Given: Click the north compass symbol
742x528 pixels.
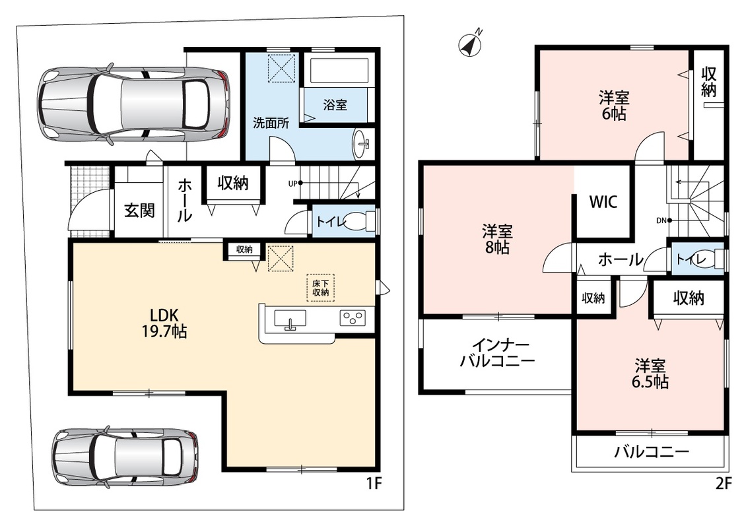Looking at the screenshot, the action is (x=471, y=44).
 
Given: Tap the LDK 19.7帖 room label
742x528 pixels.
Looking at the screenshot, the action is (x=164, y=323).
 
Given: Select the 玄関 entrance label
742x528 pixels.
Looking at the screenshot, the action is (x=139, y=210).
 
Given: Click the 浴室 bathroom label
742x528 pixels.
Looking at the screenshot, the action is (x=335, y=105).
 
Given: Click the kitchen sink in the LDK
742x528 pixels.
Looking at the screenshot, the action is (x=290, y=318).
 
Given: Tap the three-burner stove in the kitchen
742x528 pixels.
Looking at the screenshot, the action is (x=352, y=317).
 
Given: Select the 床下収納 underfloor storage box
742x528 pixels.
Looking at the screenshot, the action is (x=320, y=288).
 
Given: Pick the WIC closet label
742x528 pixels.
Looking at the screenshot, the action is (x=603, y=201).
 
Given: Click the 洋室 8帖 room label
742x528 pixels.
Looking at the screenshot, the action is (x=497, y=240).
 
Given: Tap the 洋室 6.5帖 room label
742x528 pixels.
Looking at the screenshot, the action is (x=650, y=374).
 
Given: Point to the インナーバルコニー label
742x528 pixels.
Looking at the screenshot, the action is (x=497, y=353).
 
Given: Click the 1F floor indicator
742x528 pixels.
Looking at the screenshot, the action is (x=373, y=484).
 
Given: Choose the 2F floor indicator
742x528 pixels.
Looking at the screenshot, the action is (x=723, y=484).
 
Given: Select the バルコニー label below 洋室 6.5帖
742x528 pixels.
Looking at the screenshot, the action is (x=651, y=452).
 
